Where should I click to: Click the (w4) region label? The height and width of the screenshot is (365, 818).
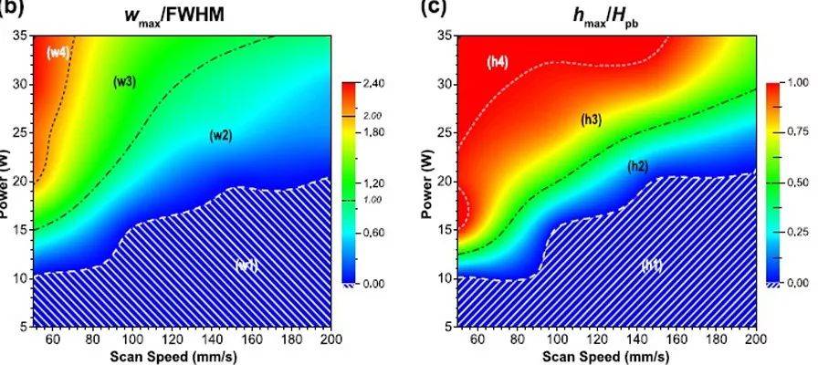coord(58,53)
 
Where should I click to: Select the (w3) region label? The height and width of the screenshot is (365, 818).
coord(124,82)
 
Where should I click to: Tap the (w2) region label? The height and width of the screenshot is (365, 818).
coord(221,135)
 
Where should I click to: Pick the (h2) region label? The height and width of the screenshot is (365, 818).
coord(637,166)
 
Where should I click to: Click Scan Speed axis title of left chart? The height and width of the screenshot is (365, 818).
coord(181,357)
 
